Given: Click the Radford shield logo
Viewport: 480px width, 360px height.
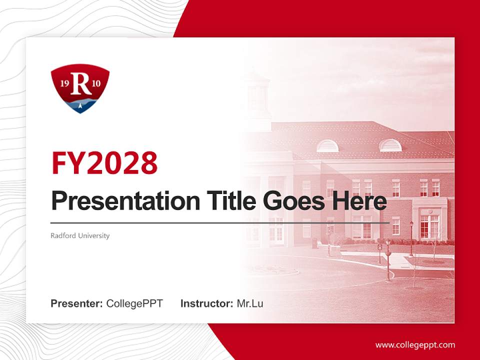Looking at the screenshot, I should [80, 88].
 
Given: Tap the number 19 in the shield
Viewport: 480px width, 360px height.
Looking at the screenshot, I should [64, 84].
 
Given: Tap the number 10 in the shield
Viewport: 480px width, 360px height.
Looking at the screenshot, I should [96, 84].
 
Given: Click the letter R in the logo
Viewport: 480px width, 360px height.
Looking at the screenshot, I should [80, 84].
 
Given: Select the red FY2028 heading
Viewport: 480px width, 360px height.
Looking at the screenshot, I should [104, 162].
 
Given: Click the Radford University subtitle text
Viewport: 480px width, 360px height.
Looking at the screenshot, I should [80, 235].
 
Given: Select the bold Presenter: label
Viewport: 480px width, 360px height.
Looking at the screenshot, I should [76, 303].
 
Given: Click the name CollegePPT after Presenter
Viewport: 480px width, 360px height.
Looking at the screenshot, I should [134, 303].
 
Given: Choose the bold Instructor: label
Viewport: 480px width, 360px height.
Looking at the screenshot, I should [206, 303].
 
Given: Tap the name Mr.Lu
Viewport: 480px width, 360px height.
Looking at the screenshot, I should [250, 303].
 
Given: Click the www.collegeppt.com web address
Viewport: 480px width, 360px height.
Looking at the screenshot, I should [415, 345].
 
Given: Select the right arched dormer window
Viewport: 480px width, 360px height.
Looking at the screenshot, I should [390, 145].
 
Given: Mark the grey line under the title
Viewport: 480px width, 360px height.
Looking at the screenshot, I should [220, 222].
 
